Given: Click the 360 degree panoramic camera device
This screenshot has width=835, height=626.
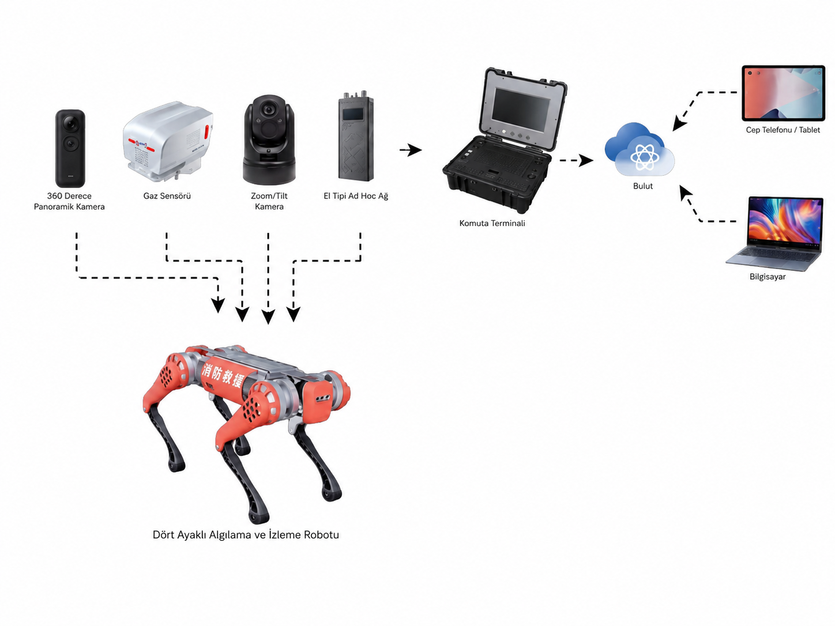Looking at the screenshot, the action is [70, 148].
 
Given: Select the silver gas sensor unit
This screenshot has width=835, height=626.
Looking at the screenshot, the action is [167, 141].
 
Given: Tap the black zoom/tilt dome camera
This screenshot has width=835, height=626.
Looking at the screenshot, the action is [269, 140].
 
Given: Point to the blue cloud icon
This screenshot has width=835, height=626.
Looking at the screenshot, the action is [640, 149].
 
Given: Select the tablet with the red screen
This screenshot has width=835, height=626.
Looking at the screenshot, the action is [783, 93].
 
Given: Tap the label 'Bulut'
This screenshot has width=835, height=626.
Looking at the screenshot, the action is [642, 186].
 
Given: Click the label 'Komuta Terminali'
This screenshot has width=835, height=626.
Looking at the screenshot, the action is [492, 223].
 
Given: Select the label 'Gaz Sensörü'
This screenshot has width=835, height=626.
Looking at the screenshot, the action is [167, 196].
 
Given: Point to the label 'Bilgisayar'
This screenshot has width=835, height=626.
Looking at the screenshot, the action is [768, 277].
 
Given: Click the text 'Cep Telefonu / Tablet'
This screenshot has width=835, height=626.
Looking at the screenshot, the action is [783, 130].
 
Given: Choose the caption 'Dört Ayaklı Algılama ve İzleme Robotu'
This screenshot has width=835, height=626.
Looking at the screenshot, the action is [246, 535].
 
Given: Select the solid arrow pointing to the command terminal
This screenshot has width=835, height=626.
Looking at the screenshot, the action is [411, 150].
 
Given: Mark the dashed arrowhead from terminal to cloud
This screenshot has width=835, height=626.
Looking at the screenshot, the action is [585, 160].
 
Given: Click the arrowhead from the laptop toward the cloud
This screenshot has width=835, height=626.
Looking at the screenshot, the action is [685, 193].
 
